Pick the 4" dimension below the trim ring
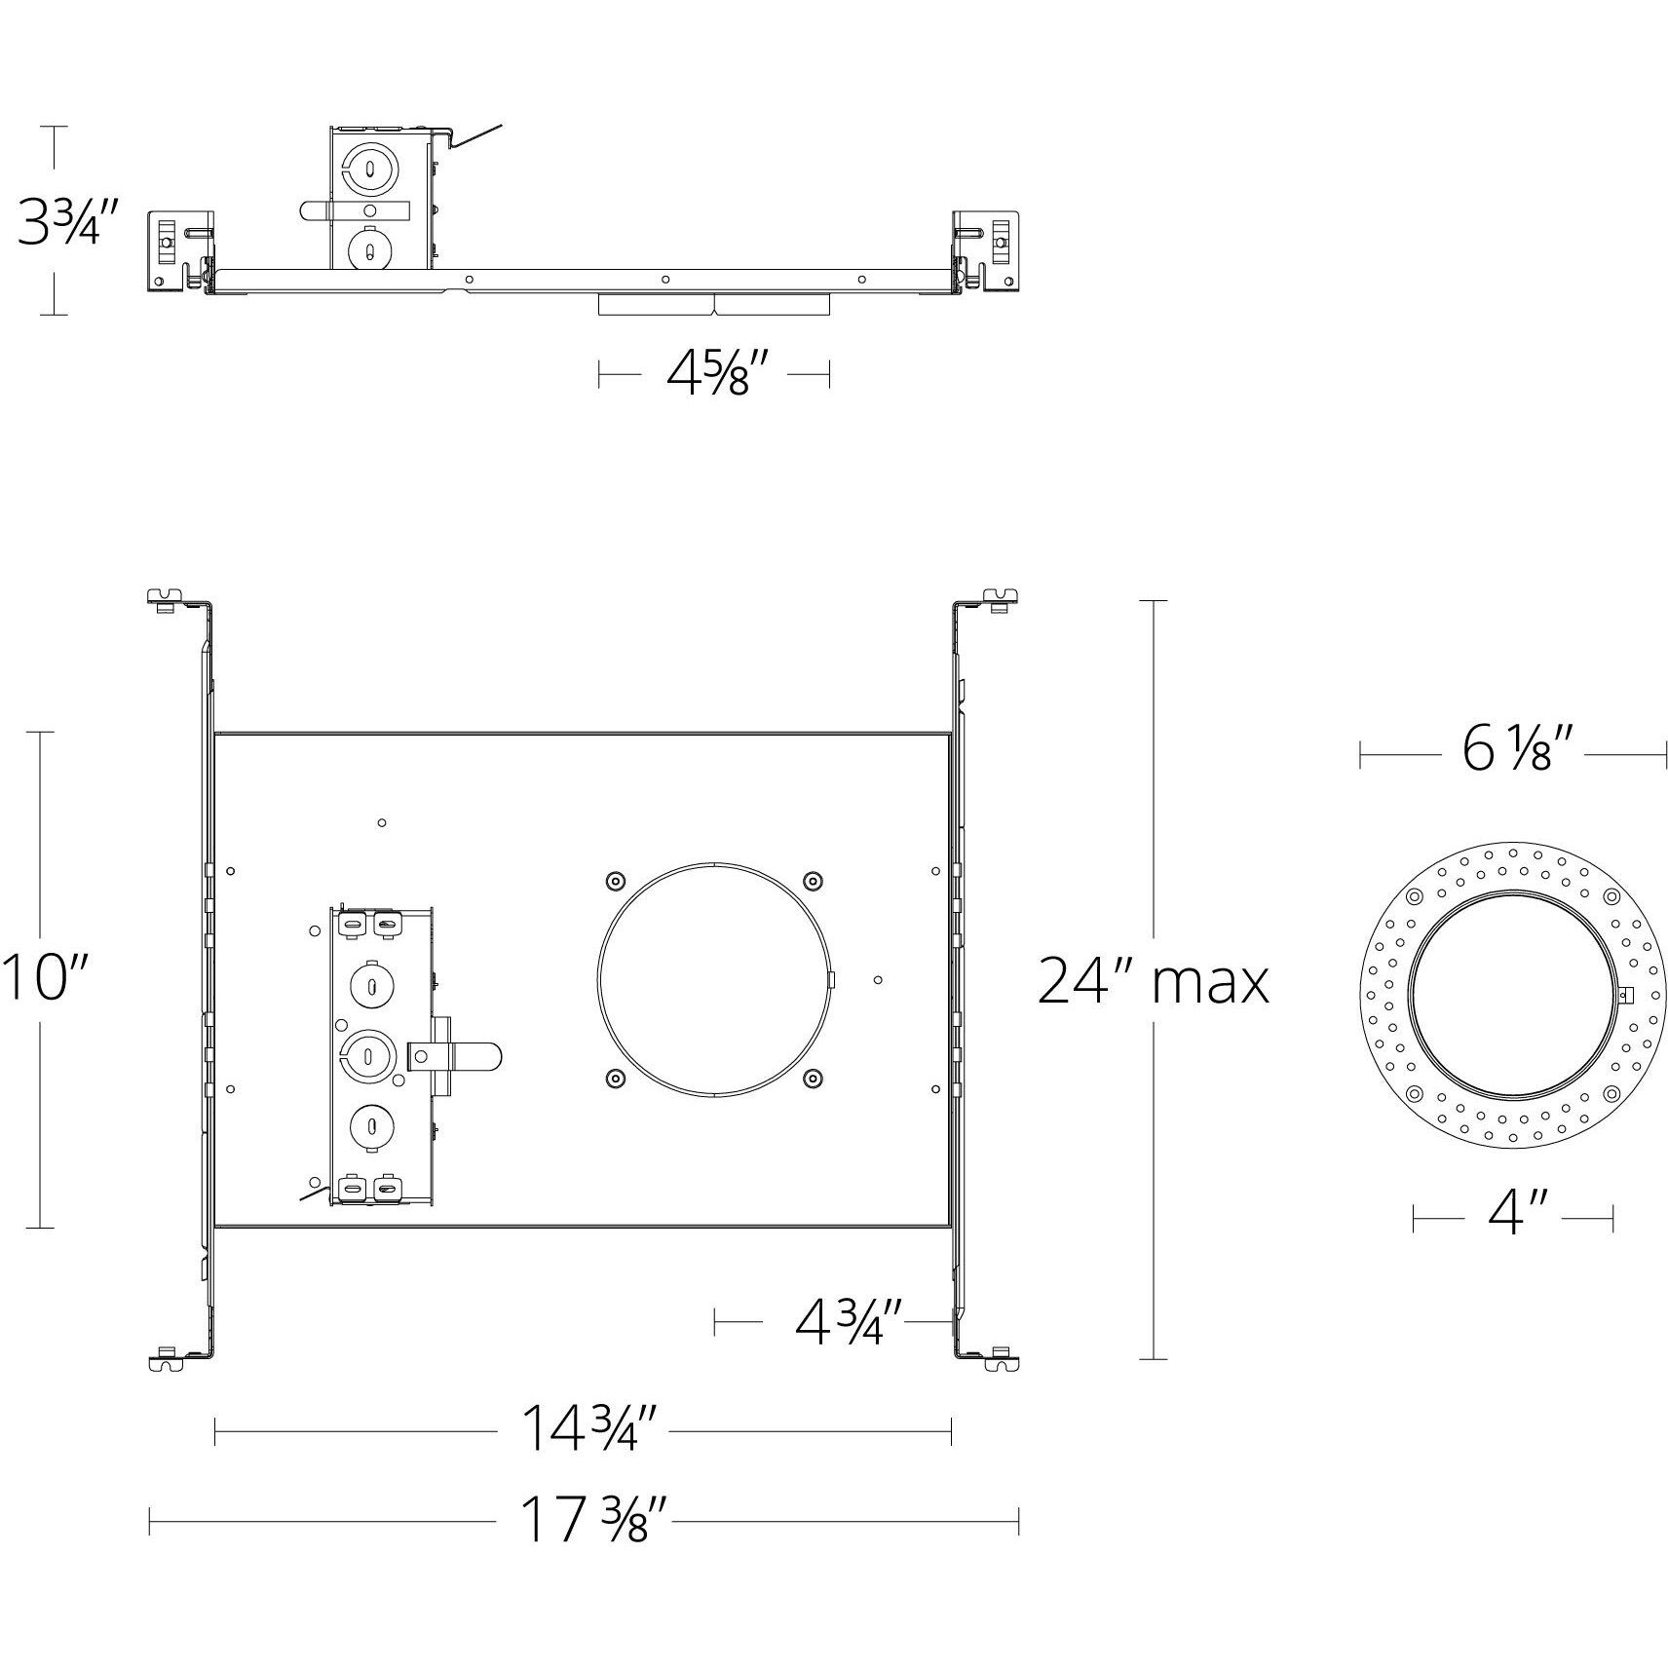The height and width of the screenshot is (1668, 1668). point(1512,1217)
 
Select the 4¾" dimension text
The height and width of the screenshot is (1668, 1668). point(849,1322)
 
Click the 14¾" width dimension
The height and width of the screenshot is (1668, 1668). point(582,1430)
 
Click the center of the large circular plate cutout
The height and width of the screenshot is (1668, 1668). point(714,979)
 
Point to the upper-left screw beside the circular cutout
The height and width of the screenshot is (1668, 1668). point(614,881)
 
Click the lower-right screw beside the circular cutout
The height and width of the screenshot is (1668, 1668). point(813,1078)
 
